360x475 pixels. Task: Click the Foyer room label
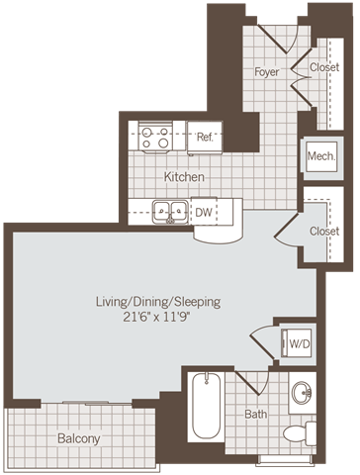(x=266, y=72)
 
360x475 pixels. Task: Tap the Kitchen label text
(x=185, y=177)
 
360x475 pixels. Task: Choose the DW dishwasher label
(x=204, y=212)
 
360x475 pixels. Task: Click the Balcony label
(x=79, y=437)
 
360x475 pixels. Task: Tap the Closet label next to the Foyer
(x=323, y=68)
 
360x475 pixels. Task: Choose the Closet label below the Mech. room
(x=322, y=231)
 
